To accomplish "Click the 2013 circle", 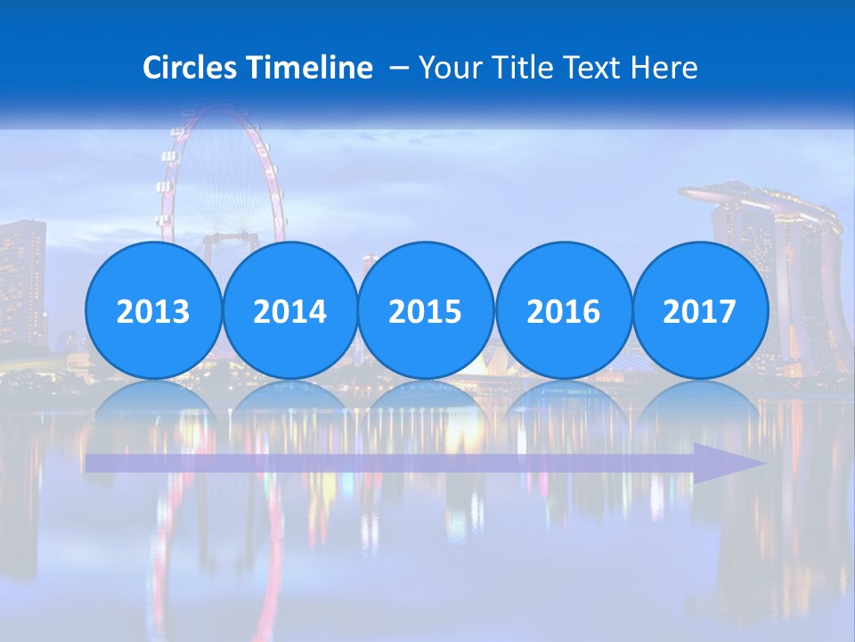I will [153, 311].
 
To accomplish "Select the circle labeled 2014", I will [289, 311].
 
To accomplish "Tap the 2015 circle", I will [426, 311].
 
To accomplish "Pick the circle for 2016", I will [563, 311].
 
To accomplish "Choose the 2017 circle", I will [699, 311].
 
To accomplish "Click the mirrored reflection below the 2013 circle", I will [153, 399].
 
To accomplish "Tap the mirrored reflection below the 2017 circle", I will [699, 399].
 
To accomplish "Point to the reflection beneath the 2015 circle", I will [426, 399].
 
